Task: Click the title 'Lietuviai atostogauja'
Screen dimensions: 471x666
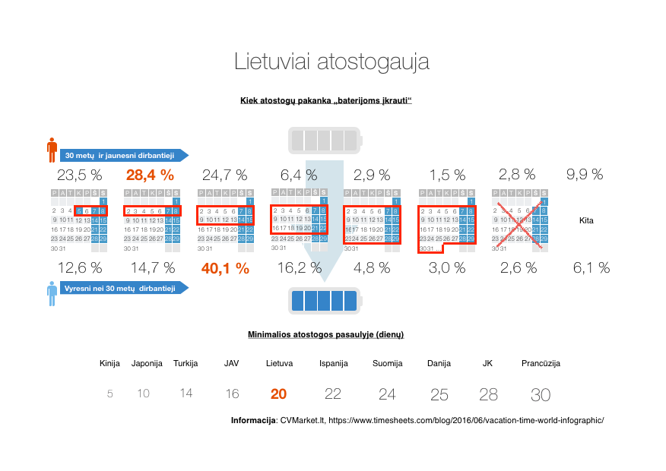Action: (x=331, y=62)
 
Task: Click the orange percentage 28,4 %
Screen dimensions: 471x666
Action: (x=150, y=175)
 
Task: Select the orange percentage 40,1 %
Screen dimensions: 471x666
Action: (x=225, y=267)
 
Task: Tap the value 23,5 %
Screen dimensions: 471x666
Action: (x=80, y=175)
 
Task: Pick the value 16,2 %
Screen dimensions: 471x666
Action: (x=300, y=267)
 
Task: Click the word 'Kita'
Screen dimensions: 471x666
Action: (x=587, y=221)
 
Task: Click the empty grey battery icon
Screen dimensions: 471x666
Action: (x=325, y=141)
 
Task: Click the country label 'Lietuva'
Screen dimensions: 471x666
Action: (x=279, y=363)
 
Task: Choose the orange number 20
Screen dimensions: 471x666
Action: (x=279, y=394)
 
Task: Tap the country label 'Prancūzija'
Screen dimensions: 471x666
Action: (x=541, y=363)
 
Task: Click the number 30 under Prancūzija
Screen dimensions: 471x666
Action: (x=541, y=394)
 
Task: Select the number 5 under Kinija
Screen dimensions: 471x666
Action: (x=110, y=394)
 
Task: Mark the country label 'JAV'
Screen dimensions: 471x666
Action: (x=232, y=363)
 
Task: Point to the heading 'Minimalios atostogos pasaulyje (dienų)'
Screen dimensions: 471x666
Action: (x=325, y=334)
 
